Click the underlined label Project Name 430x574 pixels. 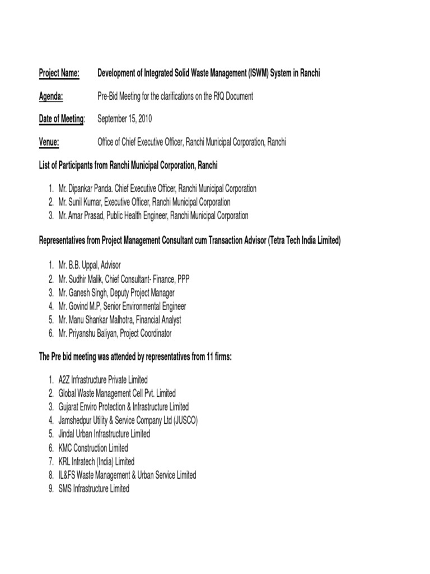click(x=59, y=74)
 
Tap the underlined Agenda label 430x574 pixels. click(x=50, y=96)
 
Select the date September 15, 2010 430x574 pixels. click(x=125, y=119)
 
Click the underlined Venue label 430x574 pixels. click(x=49, y=142)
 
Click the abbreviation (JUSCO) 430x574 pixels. click(x=182, y=420)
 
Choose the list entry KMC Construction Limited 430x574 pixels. click(x=93, y=448)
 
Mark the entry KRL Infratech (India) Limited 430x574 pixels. click(x=96, y=461)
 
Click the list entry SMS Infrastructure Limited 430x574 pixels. click(x=94, y=488)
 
